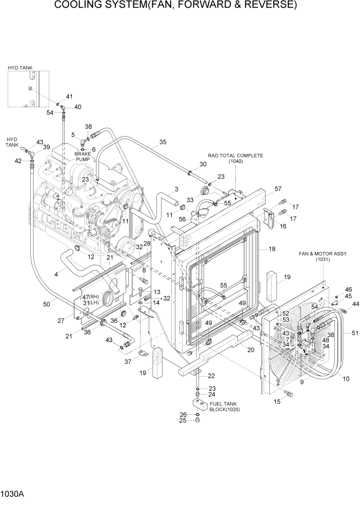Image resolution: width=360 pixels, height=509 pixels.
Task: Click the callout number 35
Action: [163, 142]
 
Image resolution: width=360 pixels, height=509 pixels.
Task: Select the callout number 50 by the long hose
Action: [47, 304]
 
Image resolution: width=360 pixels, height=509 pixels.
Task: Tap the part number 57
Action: [278, 189]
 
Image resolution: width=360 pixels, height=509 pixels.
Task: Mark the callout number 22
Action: [211, 377]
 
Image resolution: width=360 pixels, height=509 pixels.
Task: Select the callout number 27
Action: [61, 321]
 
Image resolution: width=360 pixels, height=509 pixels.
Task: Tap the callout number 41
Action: [69, 96]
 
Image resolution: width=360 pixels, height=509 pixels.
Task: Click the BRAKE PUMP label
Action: [83, 156]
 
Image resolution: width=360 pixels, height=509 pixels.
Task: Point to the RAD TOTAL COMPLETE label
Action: [235, 155]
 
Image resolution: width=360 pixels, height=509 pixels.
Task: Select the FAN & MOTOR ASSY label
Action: [322, 253]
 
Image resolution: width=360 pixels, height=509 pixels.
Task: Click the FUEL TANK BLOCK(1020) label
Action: [224, 406]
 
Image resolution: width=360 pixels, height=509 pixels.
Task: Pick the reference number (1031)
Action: [322, 260]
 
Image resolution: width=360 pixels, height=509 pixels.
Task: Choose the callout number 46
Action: [348, 289]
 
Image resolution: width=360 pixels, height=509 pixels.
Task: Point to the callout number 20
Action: [251, 350]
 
